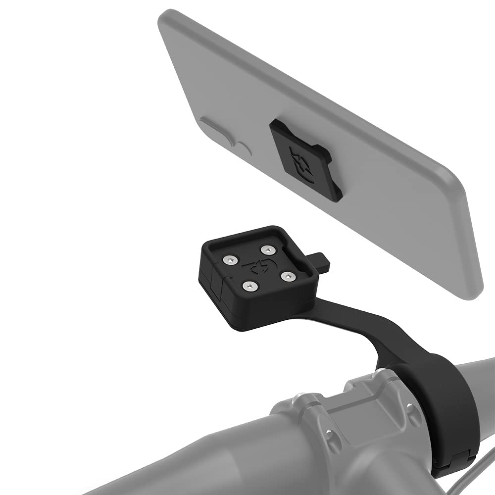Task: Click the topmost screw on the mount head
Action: click(268, 249)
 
